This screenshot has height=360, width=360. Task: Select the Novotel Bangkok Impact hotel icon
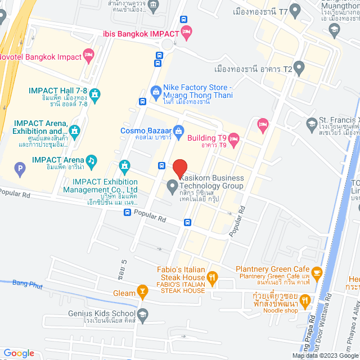coord(88,55)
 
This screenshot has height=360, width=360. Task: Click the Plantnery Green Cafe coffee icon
coord(316,273)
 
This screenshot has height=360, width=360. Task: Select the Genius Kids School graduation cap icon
coord(142,314)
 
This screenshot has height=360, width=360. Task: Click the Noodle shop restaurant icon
coord(305,302)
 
